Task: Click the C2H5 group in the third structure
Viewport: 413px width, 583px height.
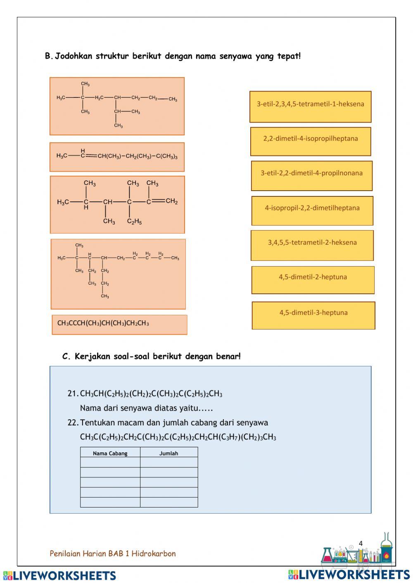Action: (135, 222)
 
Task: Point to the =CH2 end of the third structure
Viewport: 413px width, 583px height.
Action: (171, 201)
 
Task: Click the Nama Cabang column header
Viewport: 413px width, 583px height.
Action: (110, 453)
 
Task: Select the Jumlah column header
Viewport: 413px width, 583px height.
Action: (169, 453)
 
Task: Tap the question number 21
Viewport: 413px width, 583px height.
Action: (72, 394)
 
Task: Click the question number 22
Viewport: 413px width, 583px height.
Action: (72, 422)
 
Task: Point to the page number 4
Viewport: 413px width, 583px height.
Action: (361, 543)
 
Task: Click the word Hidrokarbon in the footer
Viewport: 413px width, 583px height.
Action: (154, 554)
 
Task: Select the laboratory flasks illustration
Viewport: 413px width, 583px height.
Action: (357, 551)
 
